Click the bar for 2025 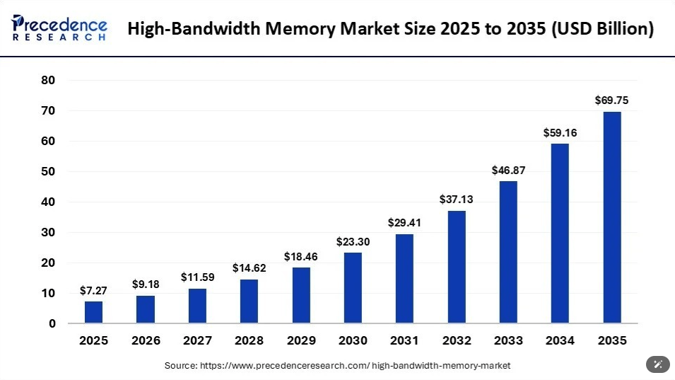pyautogui.click(x=93, y=312)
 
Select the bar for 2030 pyautogui.click(x=353, y=288)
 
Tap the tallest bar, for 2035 pyautogui.click(x=612, y=217)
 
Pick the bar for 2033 pyautogui.click(x=508, y=252)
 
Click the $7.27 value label pyautogui.click(x=93, y=291)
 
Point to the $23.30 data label pyautogui.click(x=353, y=242)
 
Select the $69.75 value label pyautogui.click(x=611, y=100)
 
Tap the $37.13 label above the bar pyautogui.click(x=457, y=200)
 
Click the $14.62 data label pyautogui.click(x=250, y=268)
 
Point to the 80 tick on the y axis pyautogui.click(x=48, y=80)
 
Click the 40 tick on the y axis pyautogui.click(x=48, y=202)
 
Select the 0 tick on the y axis pyautogui.click(x=52, y=323)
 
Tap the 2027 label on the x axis pyautogui.click(x=198, y=340)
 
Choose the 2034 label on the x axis pyautogui.click(x=560, y=340)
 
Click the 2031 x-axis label pyautogui.click(x=405, y=340)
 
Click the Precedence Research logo pyautogui.click(x=59, y=28)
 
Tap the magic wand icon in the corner pyautogui.click(x=658, y=364)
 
